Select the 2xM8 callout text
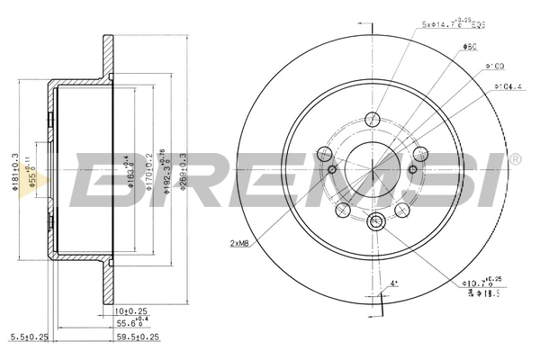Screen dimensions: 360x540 (x=240, y=243)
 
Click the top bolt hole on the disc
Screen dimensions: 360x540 (x=373, y=117)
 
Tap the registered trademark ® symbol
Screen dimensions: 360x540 (x=515, y=160)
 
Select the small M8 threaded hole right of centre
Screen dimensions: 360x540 (x=413, y=169)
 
